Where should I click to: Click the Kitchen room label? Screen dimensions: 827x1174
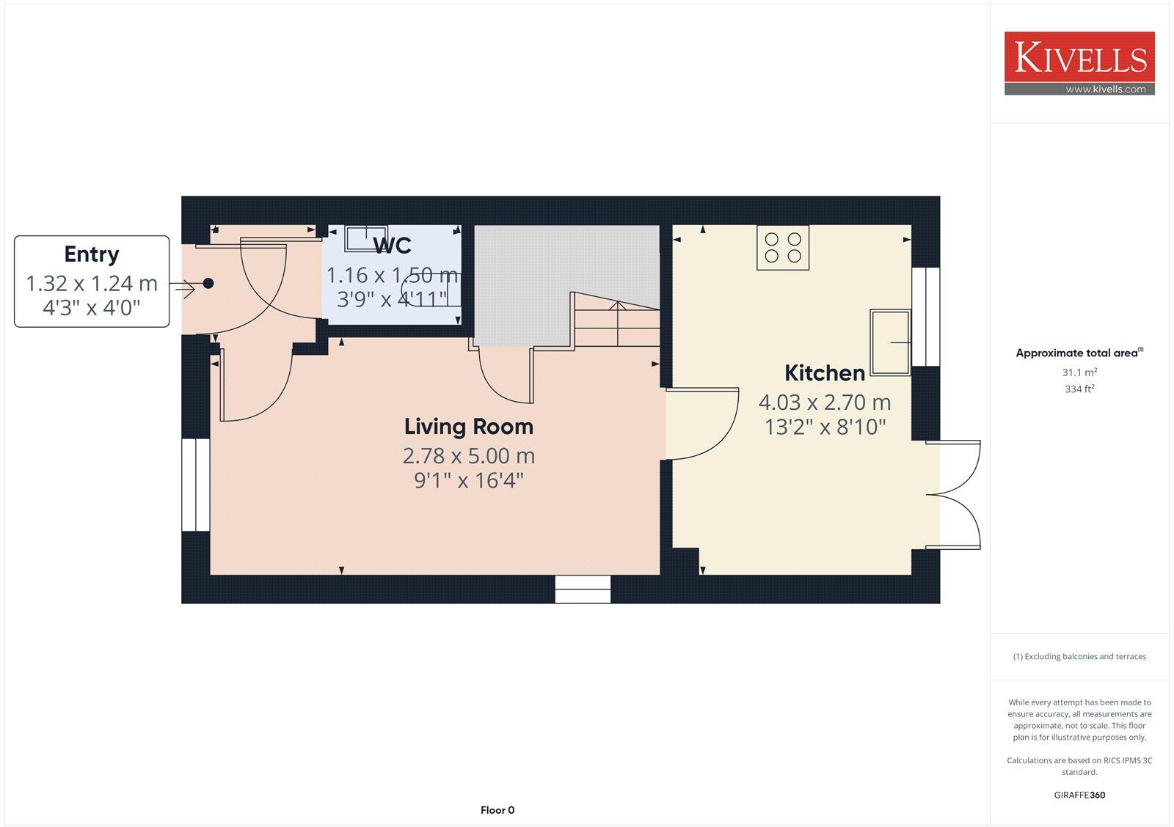click(825, 373)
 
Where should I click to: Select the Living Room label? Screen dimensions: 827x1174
click(469, 427)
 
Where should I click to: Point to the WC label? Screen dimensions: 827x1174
click(393, 245)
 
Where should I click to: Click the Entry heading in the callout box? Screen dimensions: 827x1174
click(92, 254)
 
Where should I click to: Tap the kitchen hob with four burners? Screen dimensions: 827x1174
click(783, 248)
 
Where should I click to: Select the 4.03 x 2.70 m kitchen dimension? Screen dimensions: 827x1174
click(825, 403)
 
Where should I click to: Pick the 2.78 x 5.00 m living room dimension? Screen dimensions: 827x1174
click(469, 456)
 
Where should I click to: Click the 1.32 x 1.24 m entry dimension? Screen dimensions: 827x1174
click(92, 284)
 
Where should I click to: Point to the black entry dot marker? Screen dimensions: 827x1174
click(208, 283)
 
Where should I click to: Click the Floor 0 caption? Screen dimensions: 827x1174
click(497, 810)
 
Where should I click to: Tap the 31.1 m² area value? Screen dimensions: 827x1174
click(1079, 372)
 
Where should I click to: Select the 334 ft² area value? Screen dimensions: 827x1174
click(1079, 389)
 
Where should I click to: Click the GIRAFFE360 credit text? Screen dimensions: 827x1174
click(1079, 795)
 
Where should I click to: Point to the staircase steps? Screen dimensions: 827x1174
click(617, 323)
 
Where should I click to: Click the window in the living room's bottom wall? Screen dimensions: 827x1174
click(583, 589)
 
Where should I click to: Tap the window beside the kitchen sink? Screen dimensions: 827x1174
click(925, 317)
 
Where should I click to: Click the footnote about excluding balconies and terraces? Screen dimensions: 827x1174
click(1079, 657)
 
